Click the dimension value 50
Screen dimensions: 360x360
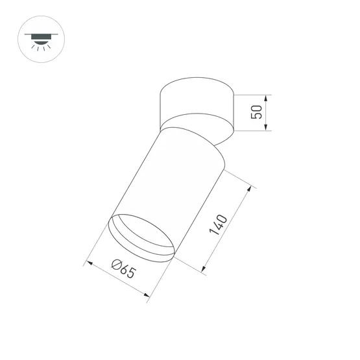258,112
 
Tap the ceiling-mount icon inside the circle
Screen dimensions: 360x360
42,38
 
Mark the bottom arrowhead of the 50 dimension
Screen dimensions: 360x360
267,128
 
